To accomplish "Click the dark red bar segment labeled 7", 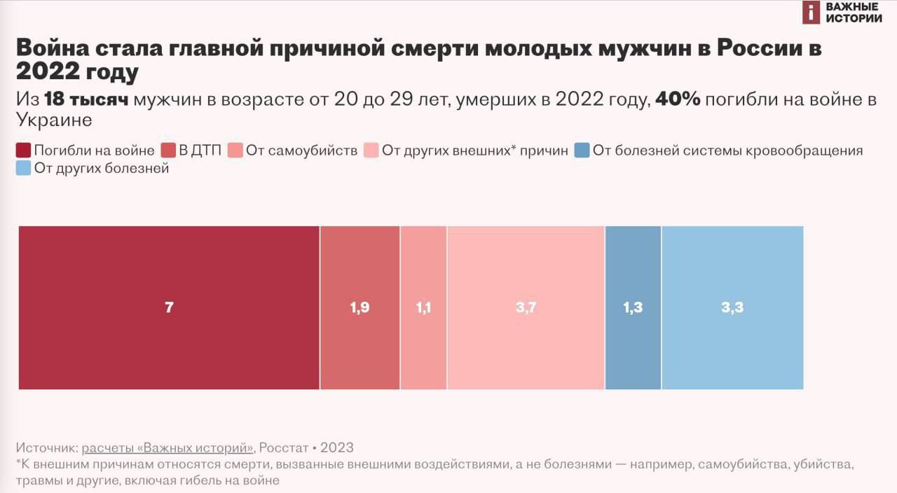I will pos(169,307).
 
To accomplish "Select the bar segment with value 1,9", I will pos(360,307).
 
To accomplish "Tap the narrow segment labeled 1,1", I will pos(423,307).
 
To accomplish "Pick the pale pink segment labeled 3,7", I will pos(526,307).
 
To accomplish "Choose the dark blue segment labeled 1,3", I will pos(633,307).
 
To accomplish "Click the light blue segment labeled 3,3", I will pos(732,307).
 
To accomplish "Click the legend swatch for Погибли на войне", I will pos(23,150).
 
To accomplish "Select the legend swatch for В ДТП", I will pos(168,150).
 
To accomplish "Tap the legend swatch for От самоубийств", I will pos(235,150).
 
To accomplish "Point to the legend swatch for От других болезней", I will pos(23,168).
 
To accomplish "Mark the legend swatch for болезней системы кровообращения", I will pos(582,150).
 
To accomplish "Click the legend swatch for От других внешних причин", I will pos(371,150).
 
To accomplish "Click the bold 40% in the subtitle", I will pos(678,100).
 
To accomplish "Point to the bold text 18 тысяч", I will pos(86,100).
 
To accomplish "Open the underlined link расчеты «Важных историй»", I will pos(167,447).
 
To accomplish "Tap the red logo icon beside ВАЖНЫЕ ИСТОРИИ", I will pos(811,13).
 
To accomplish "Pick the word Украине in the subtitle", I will pos(54,120).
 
